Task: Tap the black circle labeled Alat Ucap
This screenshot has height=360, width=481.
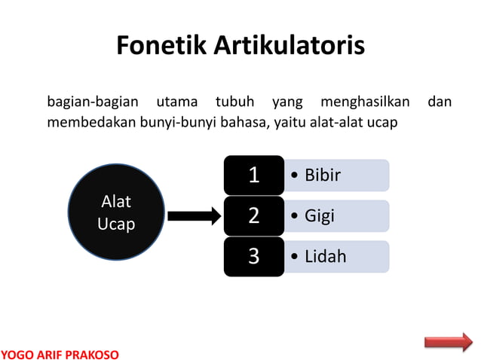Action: (x=116, y=213)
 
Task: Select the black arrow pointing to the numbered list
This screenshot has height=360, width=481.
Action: (x=193, y=216)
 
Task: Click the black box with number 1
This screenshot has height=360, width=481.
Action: (x=254, y=175)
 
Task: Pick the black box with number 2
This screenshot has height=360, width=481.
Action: (x=254, y=216)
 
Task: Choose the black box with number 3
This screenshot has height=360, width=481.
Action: (x=254, y=256)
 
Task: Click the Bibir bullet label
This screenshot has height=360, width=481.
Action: (x=323, y=175)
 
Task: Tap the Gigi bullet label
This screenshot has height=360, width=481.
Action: (x=320, y=216)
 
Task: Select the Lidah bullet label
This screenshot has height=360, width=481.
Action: (x=325, y=256)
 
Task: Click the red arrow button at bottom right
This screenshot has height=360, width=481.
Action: (x=448, y=342)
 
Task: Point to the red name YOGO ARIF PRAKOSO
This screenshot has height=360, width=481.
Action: (x=60, y=353)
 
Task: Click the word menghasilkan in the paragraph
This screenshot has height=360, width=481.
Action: (x=364, y=101)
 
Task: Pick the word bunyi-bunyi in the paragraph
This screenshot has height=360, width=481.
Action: (x=177, y=123)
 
